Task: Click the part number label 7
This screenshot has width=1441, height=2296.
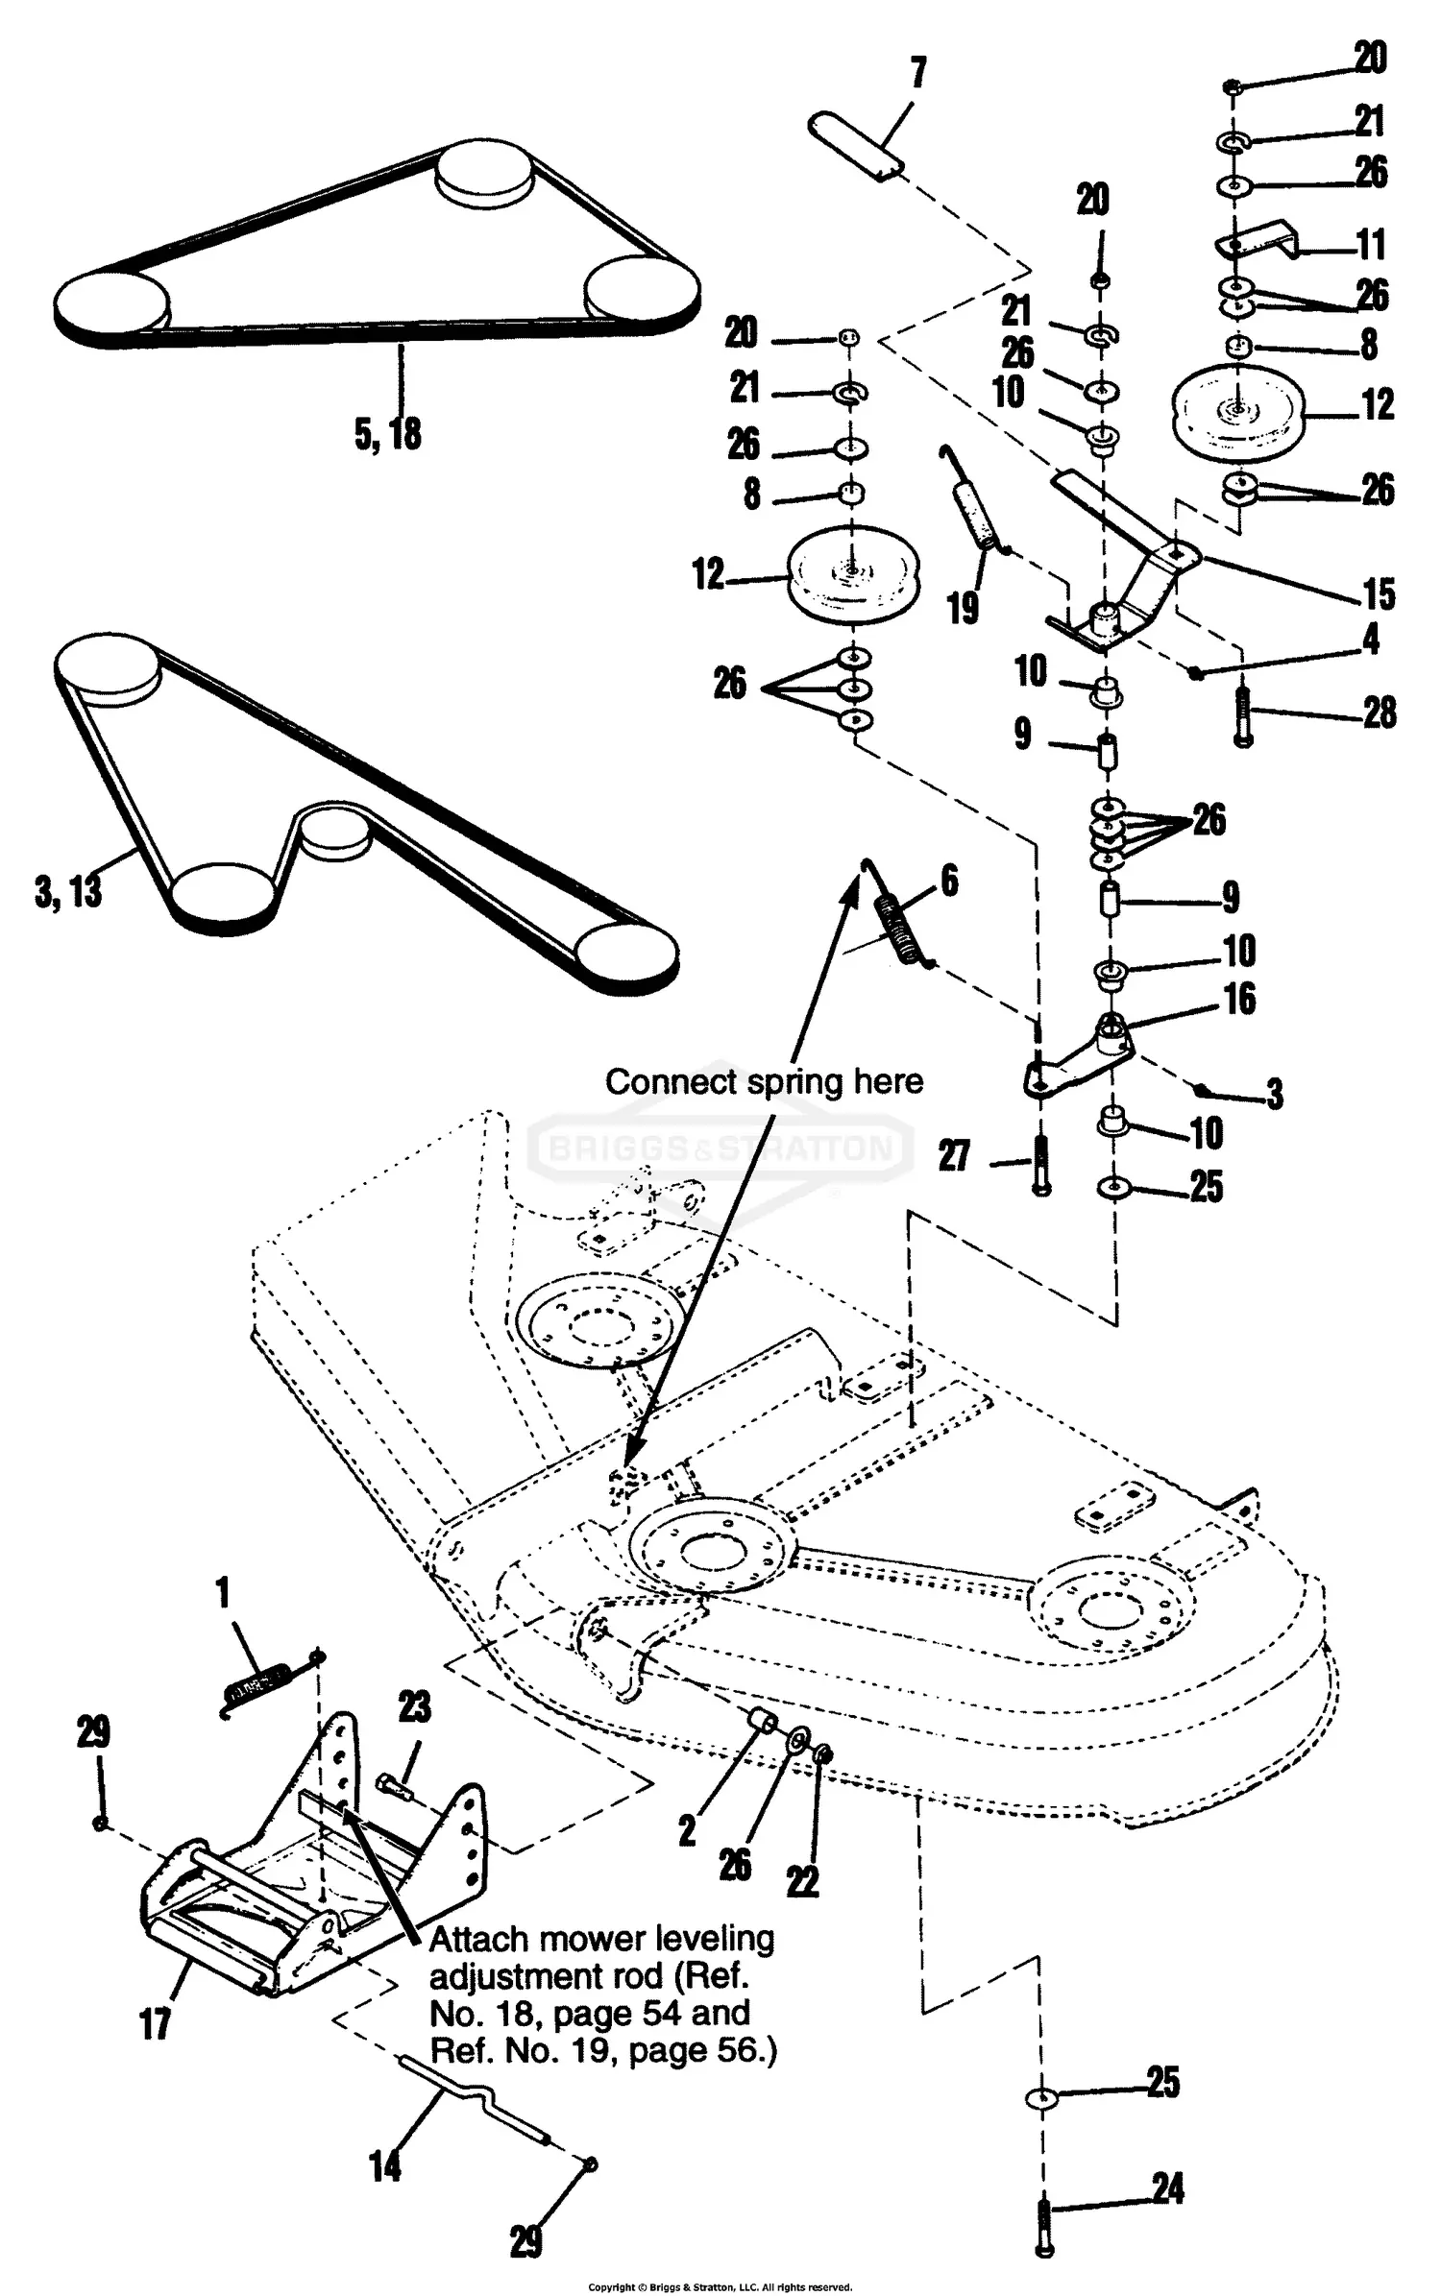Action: coord(917,72)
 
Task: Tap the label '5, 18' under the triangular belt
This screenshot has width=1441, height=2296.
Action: coord(388,433)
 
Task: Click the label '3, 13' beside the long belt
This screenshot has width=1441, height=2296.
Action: coord(68,891)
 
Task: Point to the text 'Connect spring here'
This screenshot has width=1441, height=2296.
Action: coord(764,1081)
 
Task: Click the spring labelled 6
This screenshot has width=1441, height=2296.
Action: coord(903,926)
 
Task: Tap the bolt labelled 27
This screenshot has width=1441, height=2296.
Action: coord(1039,1164)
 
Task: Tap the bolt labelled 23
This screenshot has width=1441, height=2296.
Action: coord(393,1786)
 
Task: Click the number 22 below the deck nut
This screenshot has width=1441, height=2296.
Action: coord(803,1883)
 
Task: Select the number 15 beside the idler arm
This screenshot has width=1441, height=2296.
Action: coord(1379,594)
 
